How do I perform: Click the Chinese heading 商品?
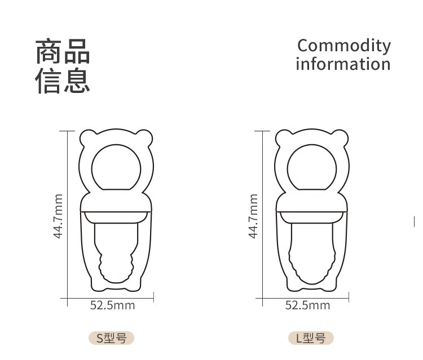point(63,52)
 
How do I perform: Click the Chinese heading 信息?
point(63,80)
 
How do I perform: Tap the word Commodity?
point(343,46)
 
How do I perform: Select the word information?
point(343,64)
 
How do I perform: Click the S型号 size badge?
point(111,338)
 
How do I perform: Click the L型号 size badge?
point(311,338)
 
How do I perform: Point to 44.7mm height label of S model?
point(58,216)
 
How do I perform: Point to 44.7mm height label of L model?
point(253,216)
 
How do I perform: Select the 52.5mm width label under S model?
point(113,305)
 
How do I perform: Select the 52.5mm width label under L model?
point(307,305)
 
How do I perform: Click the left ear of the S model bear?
point(87,137)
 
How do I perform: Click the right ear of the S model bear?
point(145,137)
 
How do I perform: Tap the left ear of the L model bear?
point(283,137)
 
